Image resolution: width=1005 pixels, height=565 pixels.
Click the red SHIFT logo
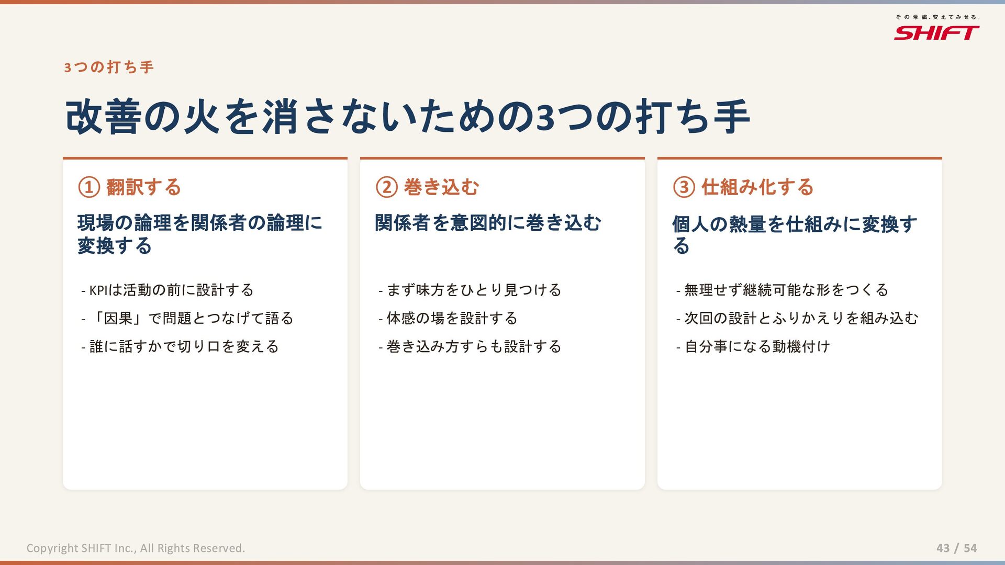(x=936, y=33)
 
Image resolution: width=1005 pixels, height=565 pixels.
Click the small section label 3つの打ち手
(x=109, y=67)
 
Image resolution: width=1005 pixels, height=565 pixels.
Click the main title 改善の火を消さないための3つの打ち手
(x=407, y=117)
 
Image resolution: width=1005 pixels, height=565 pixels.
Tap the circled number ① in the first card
(x=89, y=187)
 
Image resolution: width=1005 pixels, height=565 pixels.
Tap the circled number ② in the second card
(x=387, y=187)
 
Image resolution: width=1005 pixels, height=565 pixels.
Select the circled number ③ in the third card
(x=684, y=187)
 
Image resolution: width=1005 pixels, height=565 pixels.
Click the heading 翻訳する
(x=143, y=187)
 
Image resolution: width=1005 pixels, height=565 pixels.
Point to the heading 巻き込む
(x=441, y=187)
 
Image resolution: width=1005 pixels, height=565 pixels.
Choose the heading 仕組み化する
(x=757, y=187)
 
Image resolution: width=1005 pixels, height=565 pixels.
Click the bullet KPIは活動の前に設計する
(x=167, y=290)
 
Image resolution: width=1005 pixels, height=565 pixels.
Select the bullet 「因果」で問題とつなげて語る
(x=187, y=318)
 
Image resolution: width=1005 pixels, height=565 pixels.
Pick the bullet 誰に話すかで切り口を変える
(x=180, y=346)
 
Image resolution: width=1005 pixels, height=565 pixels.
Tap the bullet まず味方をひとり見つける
(x=470, y=290)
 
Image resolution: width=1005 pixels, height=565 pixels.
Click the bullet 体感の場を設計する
(x=448, y=318)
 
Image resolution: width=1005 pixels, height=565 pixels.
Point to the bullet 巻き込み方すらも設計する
(x=470, y=346)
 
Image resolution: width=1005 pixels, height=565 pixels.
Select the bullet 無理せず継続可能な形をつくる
(x=782, y=290)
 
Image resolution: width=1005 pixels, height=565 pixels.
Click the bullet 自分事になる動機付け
(x=753, y=346)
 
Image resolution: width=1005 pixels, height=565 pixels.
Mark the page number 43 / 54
(x=957, y=548)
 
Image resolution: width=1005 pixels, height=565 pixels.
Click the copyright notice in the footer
(x=136, y=548)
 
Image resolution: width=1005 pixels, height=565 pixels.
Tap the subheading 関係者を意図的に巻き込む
(x=488, y=223)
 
